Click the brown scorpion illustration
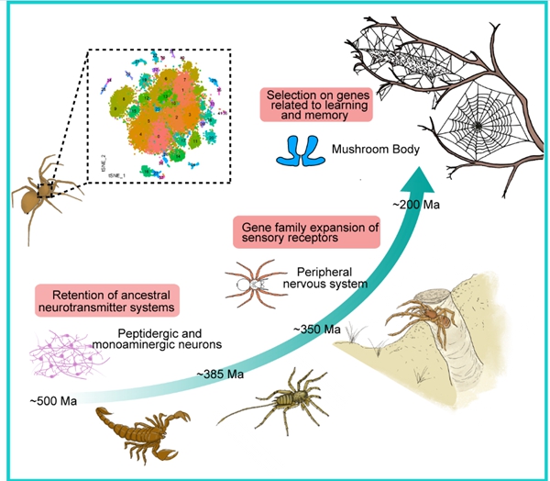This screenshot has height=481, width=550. (x=137, y=431)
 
